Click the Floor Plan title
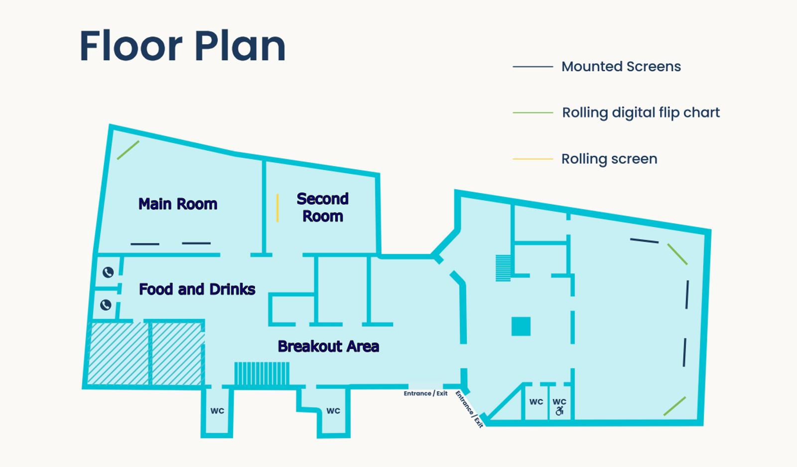click(182, 46)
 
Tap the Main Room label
click(178, 204)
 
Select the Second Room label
click(323, 207)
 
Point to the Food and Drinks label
click(197, 289)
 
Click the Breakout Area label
click(328, 346)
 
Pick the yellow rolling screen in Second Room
click(277, 208)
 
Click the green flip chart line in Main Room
click(128, 150)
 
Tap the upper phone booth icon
click(108, 272)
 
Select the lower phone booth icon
click(106, 305)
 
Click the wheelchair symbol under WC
click(560, 411)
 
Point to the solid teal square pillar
click(521, 327)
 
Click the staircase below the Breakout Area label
click(262, 373)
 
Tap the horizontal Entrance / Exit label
click(425, 393)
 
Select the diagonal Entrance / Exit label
click(469, 409)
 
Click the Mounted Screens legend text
click(621, 67)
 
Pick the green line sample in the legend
click(533, 113)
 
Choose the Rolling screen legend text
click(610, 159)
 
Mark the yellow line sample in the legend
click(533, 159)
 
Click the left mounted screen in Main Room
click(145, 244)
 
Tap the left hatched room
click(118, 354)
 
